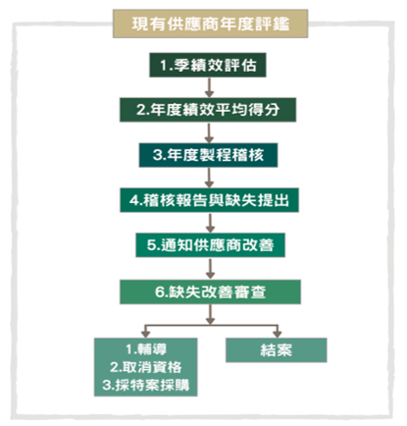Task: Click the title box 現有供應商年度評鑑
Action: tap(210, 24)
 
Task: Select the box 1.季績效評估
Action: tap(208, 65)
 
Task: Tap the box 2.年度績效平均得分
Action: tap(208, 110)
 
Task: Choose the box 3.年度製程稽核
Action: tap(208, 155)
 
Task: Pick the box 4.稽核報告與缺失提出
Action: tap(209, 200)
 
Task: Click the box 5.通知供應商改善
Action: tap(210, 245)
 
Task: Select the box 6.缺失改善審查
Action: tap(210, 292)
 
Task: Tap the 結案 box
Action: tap(277, 350)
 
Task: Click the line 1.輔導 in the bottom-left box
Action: tap(146, 349)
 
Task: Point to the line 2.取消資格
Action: tap(146, 367)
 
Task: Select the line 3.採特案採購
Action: tap(146, 385)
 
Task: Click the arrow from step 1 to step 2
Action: tap(209, 87)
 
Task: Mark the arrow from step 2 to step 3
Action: tap(209, 133)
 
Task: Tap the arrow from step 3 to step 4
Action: tap(210, 178)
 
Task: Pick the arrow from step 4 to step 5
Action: tap(210, 223)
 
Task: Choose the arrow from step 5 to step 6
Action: tap(210, 269)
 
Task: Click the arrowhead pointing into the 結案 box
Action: tap(278, 334)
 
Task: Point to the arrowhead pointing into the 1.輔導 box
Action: tap(146, 334)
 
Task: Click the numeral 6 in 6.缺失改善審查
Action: tap(159, 293)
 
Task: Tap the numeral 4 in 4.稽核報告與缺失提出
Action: tap(133, 200)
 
